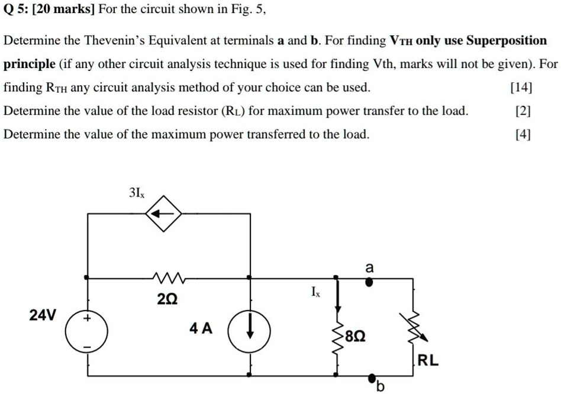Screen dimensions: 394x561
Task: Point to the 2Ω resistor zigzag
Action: click(169, 277)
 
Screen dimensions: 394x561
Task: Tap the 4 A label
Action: click(201, 328)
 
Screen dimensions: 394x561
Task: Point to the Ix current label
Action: click(314, 292)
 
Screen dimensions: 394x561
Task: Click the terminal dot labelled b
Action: click(372, 377)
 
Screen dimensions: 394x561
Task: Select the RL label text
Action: click(428, 361)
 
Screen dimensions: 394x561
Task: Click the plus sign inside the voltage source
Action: click(88, 319)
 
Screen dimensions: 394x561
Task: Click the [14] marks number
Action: click(521, 88)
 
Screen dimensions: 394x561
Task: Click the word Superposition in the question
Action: click(507, 41)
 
